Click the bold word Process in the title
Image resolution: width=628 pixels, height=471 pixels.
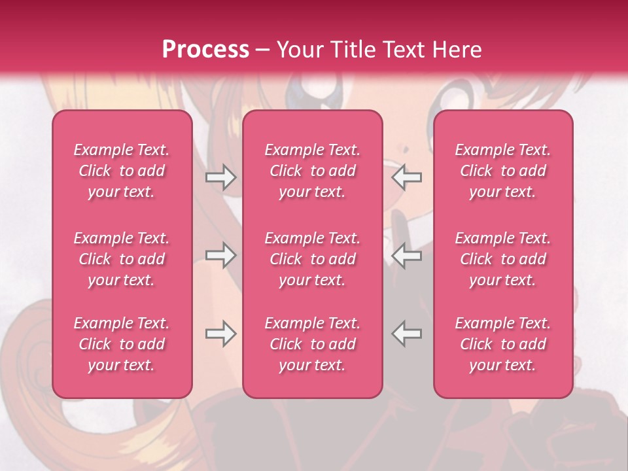click(205, 50)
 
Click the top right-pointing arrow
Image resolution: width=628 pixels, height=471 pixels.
click(220, 177)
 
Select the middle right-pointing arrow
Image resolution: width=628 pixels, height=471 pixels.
click(220, 256)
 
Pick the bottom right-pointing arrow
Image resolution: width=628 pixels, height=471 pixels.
click(220, 334)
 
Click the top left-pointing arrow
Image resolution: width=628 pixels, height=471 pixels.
click(406, 177)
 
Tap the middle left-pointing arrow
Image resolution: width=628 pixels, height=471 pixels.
click(406, 256)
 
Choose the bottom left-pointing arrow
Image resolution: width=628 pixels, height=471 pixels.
click(406, 334)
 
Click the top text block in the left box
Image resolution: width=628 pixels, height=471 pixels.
click(122, 171)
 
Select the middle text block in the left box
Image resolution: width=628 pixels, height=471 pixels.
click(122, 259)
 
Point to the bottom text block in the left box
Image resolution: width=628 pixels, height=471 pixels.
click(122, 344)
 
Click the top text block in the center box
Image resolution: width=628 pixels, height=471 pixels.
click(313, 171)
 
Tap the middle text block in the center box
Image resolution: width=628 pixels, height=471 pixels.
click(313, 259)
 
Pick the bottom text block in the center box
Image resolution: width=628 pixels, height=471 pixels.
click(313, 344)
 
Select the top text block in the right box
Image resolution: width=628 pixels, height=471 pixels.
click(503, 171)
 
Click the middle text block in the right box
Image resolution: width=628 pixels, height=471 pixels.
click(503, 259)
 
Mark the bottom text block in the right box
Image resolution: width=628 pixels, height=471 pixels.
click(503, 344)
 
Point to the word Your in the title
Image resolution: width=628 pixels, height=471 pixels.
click(300, 50)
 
